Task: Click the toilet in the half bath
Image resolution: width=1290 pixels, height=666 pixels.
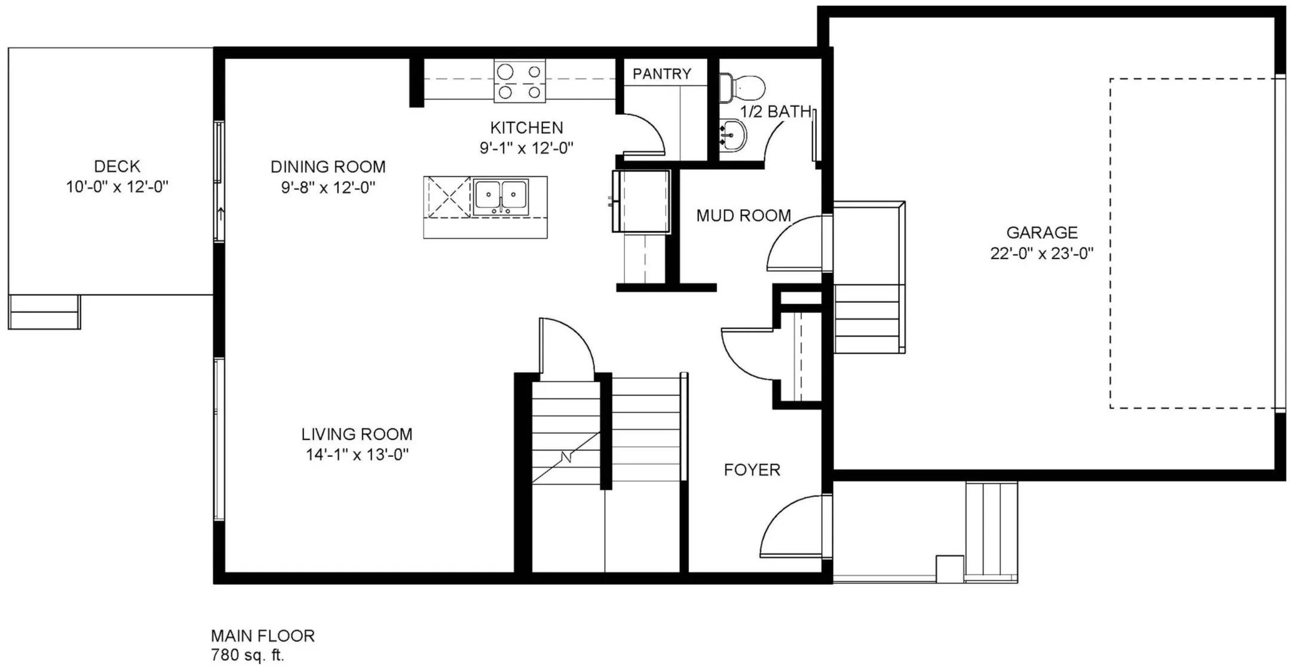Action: click(741, 88)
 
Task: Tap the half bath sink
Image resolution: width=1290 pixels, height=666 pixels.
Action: click(732, 136)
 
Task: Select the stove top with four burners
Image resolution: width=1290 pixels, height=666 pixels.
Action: click(519, 81)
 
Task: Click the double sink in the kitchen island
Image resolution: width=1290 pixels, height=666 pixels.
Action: click(501, 196)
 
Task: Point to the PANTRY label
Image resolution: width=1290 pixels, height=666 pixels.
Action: click(661, 74)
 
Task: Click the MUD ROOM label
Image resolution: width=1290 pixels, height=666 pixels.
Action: click(743, 216)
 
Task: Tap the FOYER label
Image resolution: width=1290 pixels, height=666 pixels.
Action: click(752, 470)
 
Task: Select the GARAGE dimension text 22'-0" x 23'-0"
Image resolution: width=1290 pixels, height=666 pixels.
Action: click(1041, 254)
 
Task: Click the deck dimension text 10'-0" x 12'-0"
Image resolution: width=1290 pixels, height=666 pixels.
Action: click(117, 187)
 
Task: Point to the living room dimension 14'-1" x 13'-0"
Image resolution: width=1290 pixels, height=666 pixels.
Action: click(357, 455)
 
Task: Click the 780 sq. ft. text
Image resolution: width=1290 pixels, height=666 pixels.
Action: click(247, 655)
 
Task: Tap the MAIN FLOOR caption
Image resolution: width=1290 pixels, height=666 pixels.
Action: click(263, 636)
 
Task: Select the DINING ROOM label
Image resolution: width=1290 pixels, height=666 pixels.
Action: click(328, 167)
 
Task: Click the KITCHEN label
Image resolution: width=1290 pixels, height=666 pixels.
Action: click(526, 128)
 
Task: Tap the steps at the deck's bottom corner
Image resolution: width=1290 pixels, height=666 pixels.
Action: click(44, 312)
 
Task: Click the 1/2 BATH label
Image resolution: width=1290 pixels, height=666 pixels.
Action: click(776, 112)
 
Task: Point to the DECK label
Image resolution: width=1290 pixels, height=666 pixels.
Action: click(117, 166)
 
